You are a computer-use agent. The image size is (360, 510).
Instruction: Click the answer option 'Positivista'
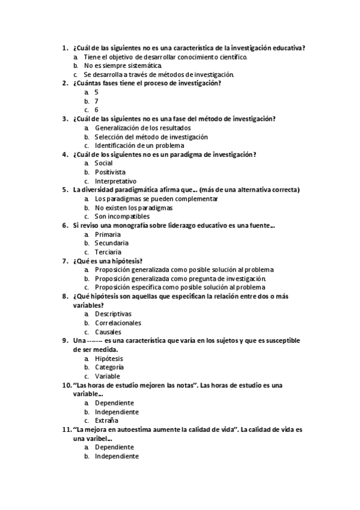click(x=110, y=172)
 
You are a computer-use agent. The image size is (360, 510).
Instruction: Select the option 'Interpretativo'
click(x=115, y=181)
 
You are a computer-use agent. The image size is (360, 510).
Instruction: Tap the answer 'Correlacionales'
click(x=118, y=323)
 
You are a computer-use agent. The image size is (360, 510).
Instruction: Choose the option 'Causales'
click(x=108, y=332)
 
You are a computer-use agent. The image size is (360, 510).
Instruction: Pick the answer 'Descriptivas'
click(x=113, y=314)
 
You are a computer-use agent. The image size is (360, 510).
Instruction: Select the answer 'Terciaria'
click(x=108, y=252)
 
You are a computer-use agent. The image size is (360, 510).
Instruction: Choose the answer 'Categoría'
click(x=109, y=367)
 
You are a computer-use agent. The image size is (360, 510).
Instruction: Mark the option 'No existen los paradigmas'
click(x=133, y=207)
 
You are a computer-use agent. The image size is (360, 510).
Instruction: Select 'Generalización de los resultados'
click(x=143, y=127)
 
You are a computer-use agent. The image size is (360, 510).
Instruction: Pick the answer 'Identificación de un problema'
click(x=139, y=146)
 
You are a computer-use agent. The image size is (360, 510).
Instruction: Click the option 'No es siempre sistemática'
click(x=123, y=66)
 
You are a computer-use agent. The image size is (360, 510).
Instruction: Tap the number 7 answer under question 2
click(x=96, y=101)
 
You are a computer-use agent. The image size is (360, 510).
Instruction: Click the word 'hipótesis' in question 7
click(x=126, y=261)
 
